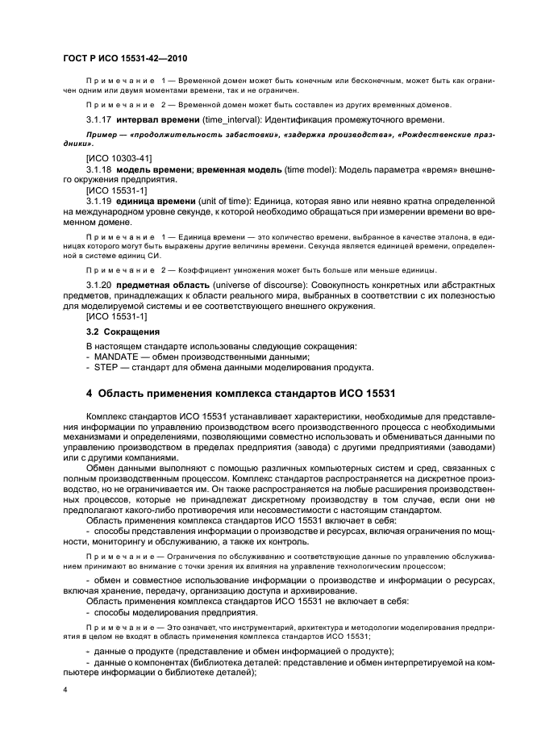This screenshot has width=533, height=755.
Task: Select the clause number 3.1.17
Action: [100, 119]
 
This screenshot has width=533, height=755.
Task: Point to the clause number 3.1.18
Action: [100, 171]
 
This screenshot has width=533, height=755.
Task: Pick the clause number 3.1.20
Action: [100, 286]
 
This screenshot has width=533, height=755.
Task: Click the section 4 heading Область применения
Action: [240, 394]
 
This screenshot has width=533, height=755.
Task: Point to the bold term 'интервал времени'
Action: [157, 119]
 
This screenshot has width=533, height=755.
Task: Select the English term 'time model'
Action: [305, 171]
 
